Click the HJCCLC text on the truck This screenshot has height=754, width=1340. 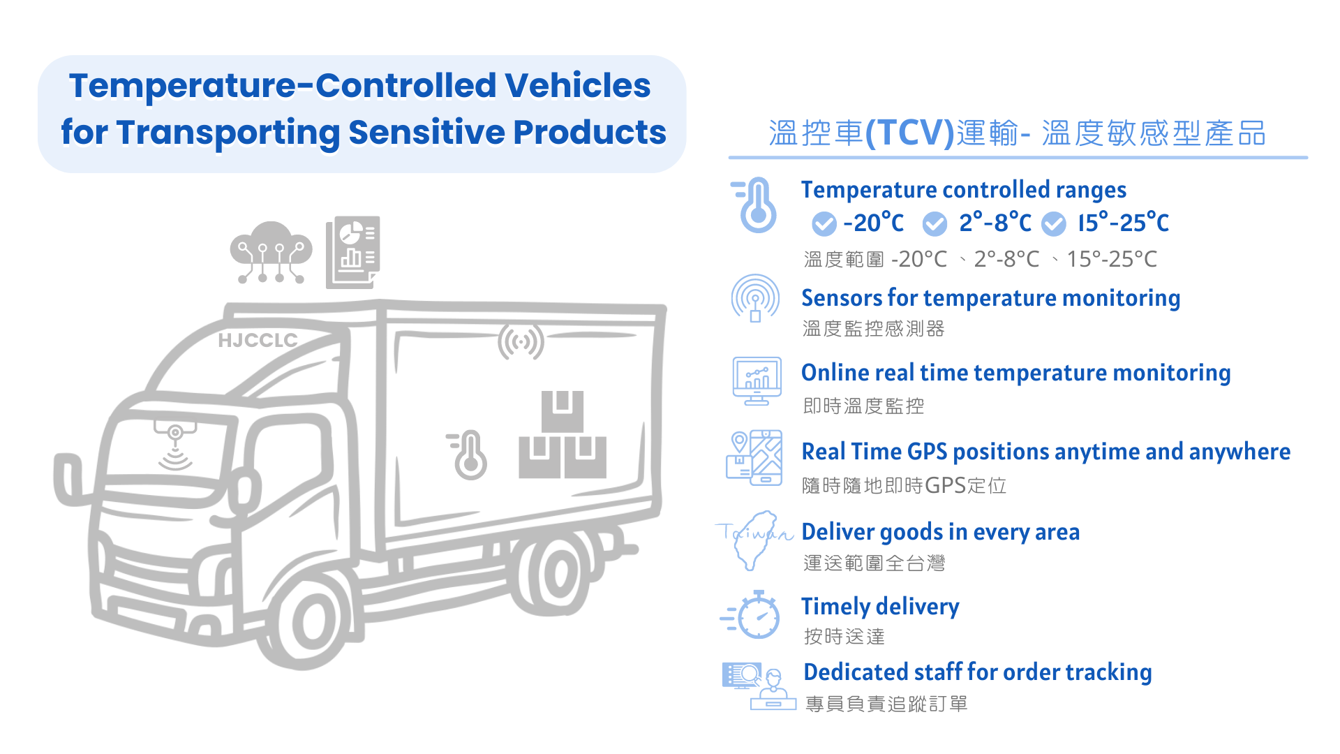258,340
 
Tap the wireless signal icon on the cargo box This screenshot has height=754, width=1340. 521,342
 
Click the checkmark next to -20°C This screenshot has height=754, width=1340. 824,224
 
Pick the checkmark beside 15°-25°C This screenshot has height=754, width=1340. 1054,224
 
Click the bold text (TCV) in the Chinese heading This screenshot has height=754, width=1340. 909,133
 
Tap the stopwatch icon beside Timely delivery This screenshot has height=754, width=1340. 756,615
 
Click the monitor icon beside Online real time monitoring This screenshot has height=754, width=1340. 757,381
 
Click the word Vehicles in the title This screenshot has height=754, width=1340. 577,86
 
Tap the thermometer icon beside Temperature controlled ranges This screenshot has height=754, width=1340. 756,205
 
